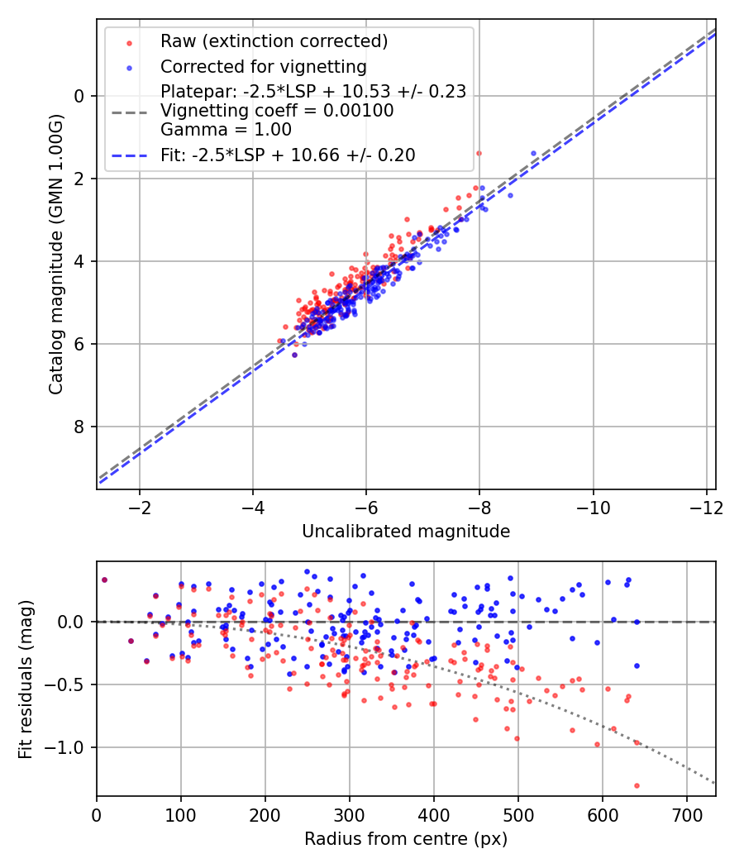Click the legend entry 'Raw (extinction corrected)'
pos(274,41)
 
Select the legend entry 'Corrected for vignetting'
pos(263,66)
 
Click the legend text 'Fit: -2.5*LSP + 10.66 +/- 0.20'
pos(288,155)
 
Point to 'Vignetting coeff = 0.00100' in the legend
pos(277,110)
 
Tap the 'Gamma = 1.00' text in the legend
pos(226,129)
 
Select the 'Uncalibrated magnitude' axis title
pos(406,531)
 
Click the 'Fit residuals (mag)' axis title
pos(26,678)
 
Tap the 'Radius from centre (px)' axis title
pos(406,839)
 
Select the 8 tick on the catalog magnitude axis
pos(80,427)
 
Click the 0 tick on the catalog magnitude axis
pos(80,96)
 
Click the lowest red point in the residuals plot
pos(637,785)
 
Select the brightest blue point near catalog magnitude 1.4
pos(533,153)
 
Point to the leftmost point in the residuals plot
pos(104,579)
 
